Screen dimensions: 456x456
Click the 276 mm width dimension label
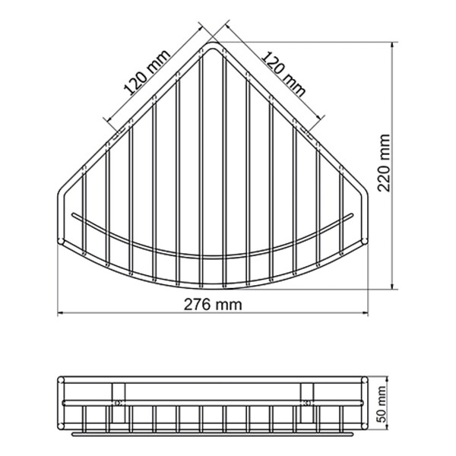[x=213, y=305]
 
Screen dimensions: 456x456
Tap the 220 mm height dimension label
[x=384, y=163]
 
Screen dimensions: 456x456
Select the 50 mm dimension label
[x=381, y=404]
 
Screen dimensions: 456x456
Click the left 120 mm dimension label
[x=147, y=73]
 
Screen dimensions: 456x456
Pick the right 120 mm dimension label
[x=283, y=74]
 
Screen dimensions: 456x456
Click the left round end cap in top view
[x=61, y=241]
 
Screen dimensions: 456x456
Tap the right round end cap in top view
[x=365, y=241]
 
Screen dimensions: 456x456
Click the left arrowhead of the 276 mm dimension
[x=61, y=313]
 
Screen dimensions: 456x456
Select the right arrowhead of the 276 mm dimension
[x=366, y=313]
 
